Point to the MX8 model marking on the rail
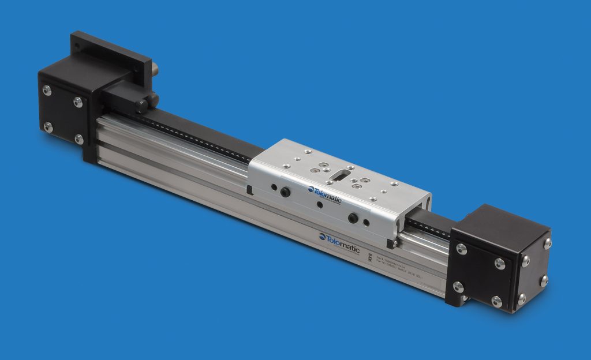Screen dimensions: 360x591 click(x=370, y=254)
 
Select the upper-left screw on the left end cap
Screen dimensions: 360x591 click(x=47, y=91)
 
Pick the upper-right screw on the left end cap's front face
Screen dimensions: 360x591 click(x=78, y=103)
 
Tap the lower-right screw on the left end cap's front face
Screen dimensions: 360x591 click(x=79, y=139)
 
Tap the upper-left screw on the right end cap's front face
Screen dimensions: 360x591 click(x=461, y=249)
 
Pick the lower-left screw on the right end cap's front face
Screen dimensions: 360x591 click(x=459, y=287)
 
